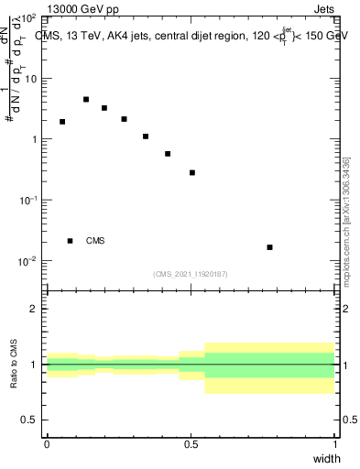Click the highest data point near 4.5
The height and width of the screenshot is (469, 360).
(86, 99)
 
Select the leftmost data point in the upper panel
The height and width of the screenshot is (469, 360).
(62, 121)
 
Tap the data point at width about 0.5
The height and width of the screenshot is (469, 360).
(192, 172)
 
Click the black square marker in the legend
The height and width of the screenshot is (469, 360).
(70, 241)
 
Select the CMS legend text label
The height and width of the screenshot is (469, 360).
(95, 241)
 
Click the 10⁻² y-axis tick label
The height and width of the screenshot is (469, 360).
(27, 261)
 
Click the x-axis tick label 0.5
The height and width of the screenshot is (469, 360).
(191, 444)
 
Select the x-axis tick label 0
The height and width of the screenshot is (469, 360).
(47, 444)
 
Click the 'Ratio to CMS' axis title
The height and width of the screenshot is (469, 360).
(15, 365)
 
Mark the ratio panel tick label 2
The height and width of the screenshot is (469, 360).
(35, 309)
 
